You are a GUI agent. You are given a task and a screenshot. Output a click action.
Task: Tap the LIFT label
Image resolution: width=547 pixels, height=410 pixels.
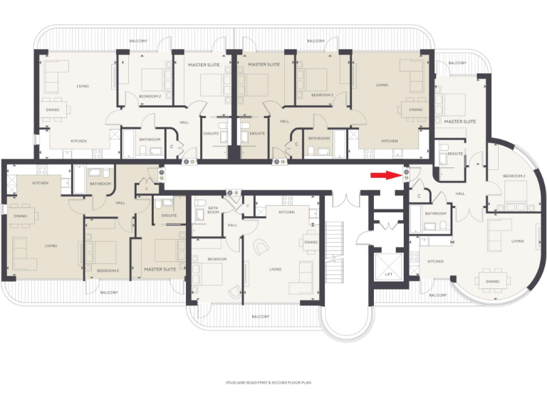coord(388,273)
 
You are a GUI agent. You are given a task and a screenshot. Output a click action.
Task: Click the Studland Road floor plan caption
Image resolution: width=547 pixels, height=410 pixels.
coord(273,382)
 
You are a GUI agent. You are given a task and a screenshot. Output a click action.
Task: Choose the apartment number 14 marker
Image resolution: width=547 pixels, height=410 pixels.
coord(279,162)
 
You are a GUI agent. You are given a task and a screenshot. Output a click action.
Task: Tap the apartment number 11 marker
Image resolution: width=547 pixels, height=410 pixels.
coord(230,192)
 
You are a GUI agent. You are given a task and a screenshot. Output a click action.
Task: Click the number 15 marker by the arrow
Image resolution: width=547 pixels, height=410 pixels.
coord(406,175)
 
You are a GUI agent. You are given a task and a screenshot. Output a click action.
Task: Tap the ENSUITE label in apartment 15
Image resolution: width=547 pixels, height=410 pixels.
coord(456,154)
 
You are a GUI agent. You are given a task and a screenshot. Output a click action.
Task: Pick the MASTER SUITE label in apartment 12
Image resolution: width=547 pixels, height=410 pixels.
coord(160,270)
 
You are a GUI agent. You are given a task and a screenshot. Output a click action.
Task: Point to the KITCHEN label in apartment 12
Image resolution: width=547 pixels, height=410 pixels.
coord(41,184)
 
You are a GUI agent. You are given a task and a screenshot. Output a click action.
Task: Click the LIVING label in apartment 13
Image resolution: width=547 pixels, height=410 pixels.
coord(83,85)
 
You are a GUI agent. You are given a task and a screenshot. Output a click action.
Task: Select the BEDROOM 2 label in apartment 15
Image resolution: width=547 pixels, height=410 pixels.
coord(514,176)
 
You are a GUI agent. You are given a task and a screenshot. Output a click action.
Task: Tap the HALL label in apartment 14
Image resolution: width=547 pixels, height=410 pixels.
coord(284,122)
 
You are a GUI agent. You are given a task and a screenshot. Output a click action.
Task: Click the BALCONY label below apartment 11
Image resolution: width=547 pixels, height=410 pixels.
coord(260,316)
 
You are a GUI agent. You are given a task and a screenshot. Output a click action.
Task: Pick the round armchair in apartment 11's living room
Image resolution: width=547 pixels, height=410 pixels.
coord(261,246)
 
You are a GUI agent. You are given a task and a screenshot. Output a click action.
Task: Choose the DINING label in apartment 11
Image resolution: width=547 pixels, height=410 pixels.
coord(311,242)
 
